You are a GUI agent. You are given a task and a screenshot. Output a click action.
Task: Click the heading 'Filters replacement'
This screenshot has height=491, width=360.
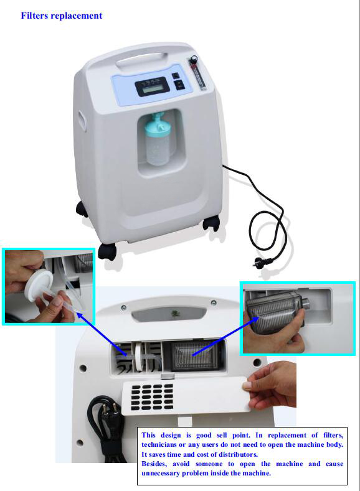[62, 16]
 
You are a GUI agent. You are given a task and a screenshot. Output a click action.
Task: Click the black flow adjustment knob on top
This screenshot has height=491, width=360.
[194, 58]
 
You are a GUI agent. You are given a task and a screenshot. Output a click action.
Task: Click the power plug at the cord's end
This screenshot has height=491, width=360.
[259, 261]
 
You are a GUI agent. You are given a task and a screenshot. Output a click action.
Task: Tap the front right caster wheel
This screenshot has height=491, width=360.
[211, 223]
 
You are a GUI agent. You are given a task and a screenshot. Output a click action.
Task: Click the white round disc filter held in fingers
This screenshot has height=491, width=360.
[39, 285]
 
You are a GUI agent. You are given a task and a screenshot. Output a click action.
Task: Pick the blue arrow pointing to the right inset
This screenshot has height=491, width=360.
[225, 336]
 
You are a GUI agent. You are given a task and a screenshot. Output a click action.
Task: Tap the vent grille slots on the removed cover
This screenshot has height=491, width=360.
[152, 397]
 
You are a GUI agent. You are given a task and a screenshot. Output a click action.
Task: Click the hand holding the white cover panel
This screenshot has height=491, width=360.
[270, 385]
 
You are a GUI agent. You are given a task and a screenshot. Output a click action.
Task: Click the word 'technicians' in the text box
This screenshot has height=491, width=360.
[158, 445]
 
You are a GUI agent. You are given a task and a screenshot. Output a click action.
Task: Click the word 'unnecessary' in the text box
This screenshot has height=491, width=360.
[160, 473]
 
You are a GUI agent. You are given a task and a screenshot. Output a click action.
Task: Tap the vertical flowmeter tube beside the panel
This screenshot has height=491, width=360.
[197, 76]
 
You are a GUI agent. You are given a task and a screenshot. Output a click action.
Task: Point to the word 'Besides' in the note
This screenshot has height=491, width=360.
[154, 464]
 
